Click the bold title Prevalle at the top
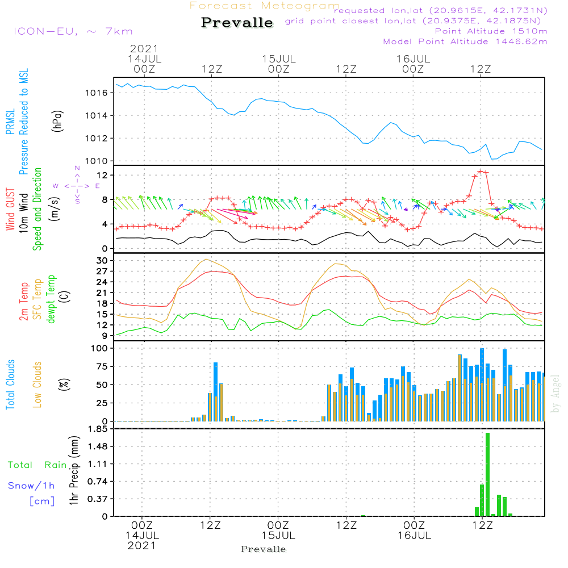(x=237, y=23)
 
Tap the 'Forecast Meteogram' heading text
(x=265, y=6)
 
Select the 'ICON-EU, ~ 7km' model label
(x=73, y=31)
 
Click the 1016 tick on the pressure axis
(x=99, y=93)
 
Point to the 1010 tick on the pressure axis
(x=99, y=161)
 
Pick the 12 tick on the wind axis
(x=104, y=174)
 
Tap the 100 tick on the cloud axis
(x=101, y=348)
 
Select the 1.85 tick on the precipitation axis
(x=99, y=429)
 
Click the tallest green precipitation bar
(x=487, y=474)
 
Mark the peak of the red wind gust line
(x=481, y=170)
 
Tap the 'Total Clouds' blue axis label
(x=11, y=385)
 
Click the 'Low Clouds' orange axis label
(x=38, y=385)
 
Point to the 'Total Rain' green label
(x=37, y=465)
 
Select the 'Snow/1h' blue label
(x=31, y=486)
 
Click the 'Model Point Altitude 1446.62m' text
(x=465, y=41)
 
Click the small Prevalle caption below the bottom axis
(x=264, y=549)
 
